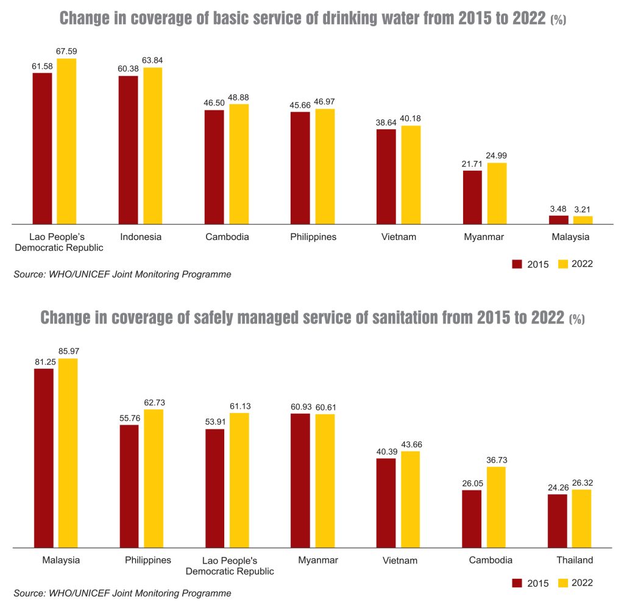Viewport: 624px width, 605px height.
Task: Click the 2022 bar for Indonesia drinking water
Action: point(153,146)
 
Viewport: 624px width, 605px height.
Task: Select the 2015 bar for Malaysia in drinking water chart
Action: point(558,219)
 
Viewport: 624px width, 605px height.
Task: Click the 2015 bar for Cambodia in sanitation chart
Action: point(472,518)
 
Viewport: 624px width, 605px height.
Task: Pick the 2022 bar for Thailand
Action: point(582,518)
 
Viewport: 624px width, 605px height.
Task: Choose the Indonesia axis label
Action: point(141,237)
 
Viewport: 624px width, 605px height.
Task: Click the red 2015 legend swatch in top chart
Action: point(518,264)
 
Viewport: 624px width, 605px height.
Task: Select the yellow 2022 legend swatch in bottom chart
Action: point(563,583)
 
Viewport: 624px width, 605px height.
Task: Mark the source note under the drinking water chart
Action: point(122,274)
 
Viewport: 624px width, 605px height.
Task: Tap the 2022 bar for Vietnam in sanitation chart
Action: point(410,499)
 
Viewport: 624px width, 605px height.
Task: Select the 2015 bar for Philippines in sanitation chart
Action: point(129,486)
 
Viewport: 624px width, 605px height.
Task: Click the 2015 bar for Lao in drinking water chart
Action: point(42,148)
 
